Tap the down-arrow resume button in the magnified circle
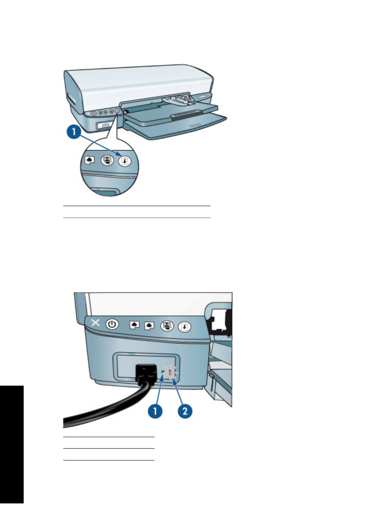pyautogui.click(x=125, y=161)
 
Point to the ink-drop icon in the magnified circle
pyautogui.click(x=90, y=160)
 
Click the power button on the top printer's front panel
pyautogui.click(x=94, y=113)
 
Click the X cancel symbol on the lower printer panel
pyautogui.click(x=95, y=323)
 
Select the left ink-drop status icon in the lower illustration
pyautogui.click(x=134, y=325)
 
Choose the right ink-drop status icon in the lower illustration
pyautogui.click(x=149, y=325)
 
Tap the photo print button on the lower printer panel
pyautogui.click(x=167, y=326)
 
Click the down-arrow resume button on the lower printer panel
pyautogui.click(x=185, y=327)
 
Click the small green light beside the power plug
pyautogui.click(x=163, y=372)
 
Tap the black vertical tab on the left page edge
pyautogui.click(x=12, y=444)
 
